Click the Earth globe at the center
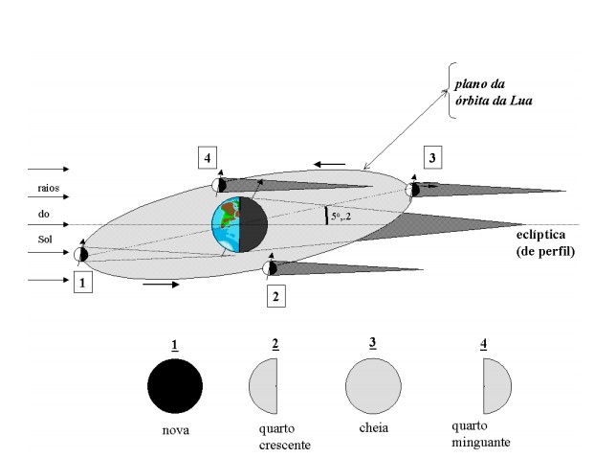239,226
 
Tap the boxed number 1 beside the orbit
83,284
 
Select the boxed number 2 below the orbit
275,297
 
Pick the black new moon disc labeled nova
175,385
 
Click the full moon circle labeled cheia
372,385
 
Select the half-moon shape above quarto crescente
264,385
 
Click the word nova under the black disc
175,430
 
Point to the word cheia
372,430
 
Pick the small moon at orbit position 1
81,254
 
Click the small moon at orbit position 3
413,189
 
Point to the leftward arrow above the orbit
331,164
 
